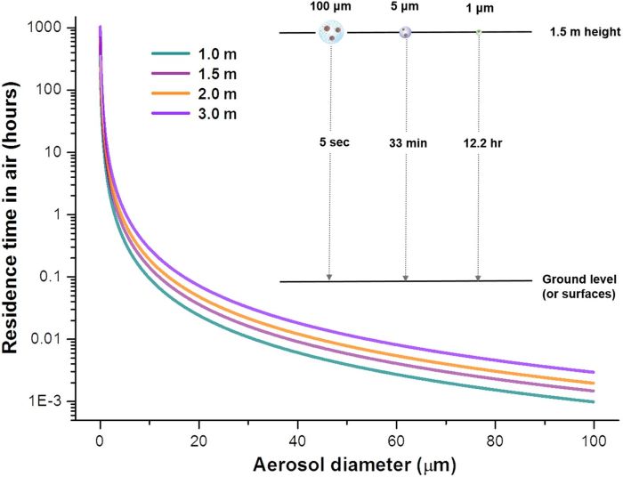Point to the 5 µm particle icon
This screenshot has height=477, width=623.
pos(406,33)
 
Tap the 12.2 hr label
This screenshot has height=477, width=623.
pos(481,141)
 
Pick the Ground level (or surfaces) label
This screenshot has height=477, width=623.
pos(581,287)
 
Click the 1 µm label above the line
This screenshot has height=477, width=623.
pos(479,9)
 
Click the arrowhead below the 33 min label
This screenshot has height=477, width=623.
pos(406,278)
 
